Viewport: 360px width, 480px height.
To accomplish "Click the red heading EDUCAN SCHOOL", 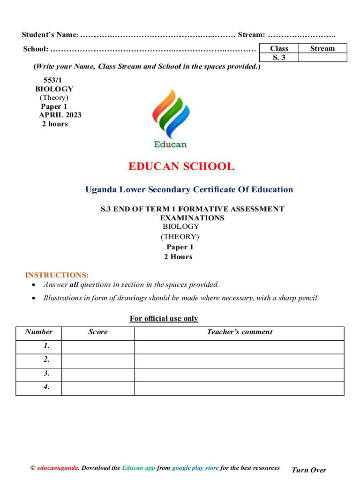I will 181,166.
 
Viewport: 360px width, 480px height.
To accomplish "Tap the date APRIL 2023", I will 60,115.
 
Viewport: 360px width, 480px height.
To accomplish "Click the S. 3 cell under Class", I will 279,57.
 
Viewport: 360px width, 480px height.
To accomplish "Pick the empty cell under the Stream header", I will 322,57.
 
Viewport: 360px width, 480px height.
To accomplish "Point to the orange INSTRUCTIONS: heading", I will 57,275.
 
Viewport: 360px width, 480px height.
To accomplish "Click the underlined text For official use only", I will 164,319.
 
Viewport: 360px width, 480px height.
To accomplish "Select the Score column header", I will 97,332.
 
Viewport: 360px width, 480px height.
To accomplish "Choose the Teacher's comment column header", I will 239,332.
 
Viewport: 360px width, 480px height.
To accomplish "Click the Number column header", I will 38,332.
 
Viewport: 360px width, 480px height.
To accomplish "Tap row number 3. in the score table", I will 46,374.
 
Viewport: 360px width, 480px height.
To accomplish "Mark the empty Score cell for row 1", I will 97,346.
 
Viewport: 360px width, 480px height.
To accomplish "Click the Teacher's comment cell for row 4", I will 239,388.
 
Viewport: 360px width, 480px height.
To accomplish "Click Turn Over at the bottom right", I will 308,470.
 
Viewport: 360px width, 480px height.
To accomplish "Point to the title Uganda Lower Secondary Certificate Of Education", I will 189,190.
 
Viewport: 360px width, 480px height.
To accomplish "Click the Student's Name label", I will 49,35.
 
